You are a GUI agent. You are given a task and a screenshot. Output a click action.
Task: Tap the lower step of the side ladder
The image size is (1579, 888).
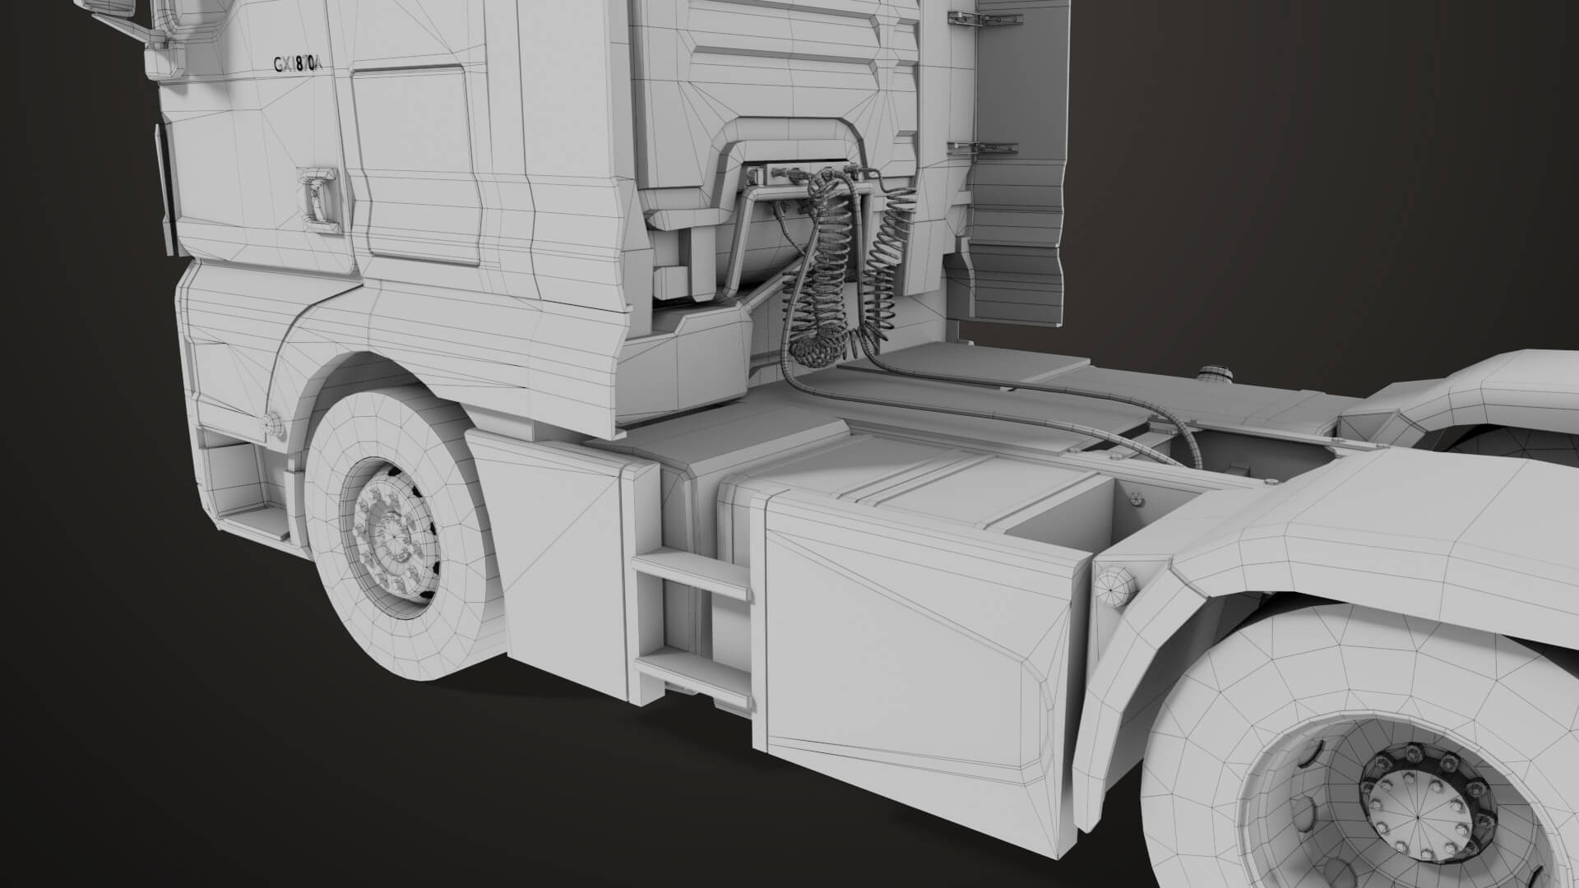pos(690,671)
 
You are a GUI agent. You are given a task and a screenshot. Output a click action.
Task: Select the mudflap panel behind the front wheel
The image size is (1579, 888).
pos(559,559)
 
